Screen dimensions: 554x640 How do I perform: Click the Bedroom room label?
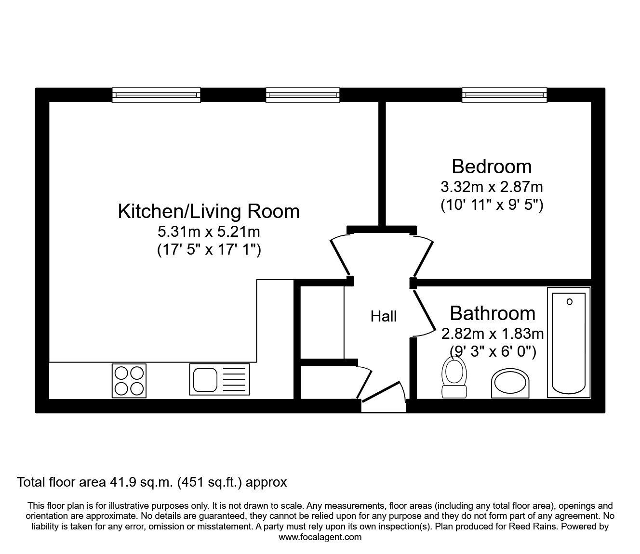(492, 167)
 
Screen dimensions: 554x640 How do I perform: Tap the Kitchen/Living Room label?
(209, 211)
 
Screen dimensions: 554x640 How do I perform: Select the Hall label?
(384, 316)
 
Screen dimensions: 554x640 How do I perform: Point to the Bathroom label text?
(493, 313)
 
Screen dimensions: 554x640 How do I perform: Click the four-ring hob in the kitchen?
(129, 380)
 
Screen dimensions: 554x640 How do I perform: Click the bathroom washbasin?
(510, 384)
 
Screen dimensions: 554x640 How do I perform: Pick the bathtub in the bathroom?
(569, 342)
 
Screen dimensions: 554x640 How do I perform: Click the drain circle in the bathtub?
(570, 302)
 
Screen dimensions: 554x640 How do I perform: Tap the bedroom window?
(505, 95)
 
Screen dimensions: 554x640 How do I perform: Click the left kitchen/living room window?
(156, 95)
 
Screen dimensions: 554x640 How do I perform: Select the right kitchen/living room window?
(303, 95)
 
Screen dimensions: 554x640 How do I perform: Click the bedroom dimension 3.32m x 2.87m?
(492, 186)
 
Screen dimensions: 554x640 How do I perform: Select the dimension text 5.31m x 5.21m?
(209, 232)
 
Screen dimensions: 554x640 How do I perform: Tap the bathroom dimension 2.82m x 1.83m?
(493, 333)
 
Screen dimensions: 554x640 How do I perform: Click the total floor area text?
(152, 482)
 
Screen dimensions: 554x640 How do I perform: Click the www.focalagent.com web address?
(320, 537)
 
